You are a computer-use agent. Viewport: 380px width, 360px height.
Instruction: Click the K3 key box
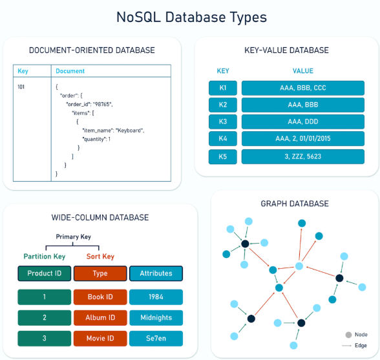[223, 122]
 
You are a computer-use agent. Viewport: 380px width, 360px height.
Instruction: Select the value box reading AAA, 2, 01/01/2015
[303, 138]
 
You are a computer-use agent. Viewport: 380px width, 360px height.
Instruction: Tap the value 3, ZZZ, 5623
[303, 156]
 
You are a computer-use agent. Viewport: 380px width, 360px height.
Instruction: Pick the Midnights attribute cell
[156, 317]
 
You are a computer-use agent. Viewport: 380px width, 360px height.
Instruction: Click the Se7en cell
[156, 339]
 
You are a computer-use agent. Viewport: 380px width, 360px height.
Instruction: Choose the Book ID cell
[100, 297]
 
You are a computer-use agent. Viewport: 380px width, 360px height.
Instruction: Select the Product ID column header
[45, 273]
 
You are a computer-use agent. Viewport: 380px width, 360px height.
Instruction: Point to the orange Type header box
[100, 273]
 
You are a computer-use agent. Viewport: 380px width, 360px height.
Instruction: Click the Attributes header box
[156, 273]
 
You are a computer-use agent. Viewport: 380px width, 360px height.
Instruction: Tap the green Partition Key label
[45, 257]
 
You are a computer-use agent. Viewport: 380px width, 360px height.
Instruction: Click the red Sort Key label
[100, 257]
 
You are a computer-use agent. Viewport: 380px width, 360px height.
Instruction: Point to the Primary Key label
[74, 237]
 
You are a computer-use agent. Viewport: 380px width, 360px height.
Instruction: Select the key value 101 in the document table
[21, 87]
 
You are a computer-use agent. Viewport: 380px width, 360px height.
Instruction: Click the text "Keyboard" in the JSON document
[129, 131]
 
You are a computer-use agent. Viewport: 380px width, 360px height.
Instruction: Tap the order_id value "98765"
[103, 104]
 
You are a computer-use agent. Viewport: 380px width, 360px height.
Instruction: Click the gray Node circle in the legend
[348, 335]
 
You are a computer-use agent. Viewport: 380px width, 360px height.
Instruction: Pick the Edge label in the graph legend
[361, 345]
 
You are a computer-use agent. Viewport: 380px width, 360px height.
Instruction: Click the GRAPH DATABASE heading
[295, 204]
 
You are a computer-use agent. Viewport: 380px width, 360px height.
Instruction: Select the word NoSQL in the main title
[138, 17]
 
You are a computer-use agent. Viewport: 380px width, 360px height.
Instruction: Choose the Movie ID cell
[100, 339]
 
